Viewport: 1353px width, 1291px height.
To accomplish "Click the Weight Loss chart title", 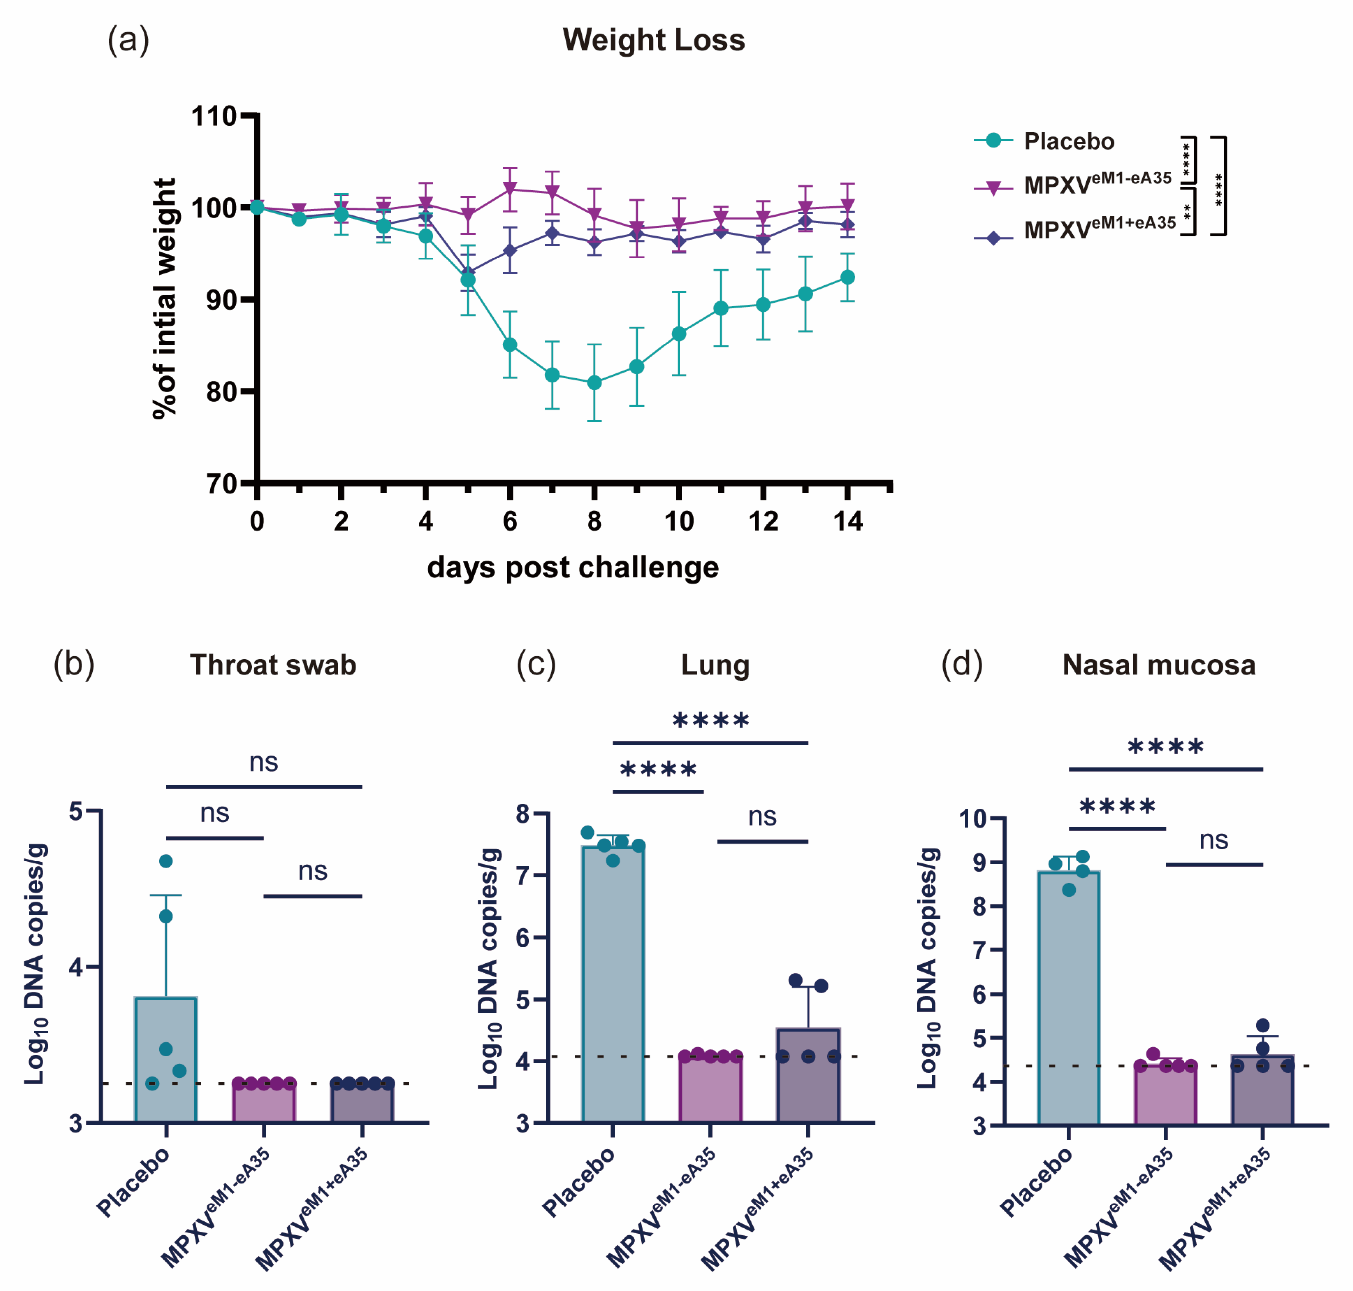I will (x=653, y=40).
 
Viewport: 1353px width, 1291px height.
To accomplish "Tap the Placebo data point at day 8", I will (x=594, y=383).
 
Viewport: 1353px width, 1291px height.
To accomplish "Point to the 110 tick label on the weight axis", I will (x=214, y=116).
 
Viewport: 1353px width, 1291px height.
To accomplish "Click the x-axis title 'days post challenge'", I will (x=573, y=568).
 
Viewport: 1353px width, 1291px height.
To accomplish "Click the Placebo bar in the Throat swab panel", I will (x=166, y=1060).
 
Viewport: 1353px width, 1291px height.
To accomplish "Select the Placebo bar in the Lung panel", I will (x=612, y=984).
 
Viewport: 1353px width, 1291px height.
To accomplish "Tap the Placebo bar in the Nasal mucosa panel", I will (x=1068, y=998).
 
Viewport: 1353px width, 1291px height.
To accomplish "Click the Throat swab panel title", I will (x=273, y=665).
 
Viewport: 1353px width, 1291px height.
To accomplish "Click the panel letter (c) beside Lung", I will (x=536, y=664).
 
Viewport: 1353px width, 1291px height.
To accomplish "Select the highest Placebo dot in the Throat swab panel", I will (x=166, y=861).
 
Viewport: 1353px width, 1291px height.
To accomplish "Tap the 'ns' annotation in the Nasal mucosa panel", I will (x=1213, y=840).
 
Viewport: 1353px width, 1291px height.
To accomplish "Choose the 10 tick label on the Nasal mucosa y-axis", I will (x=973, y=819).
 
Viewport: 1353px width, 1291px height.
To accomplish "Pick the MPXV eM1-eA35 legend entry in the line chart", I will (x=1097, y=184).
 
